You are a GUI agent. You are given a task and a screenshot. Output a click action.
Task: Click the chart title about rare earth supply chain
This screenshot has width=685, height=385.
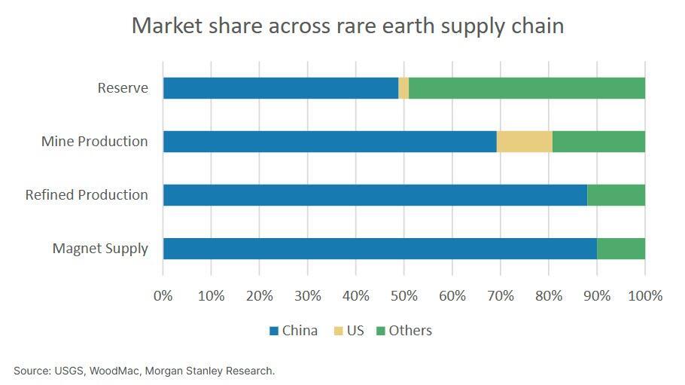pyautogui.click(x=347, y=26)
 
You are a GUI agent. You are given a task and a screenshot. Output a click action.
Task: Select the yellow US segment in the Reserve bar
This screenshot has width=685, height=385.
pyautogui.click(x=404, y=88)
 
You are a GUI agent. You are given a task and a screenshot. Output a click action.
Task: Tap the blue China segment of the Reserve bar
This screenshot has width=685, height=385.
pyautogui.click(x=281, y=88)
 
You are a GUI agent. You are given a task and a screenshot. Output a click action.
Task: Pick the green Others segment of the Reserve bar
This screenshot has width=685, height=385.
pyautogui.click(x=527, y=88)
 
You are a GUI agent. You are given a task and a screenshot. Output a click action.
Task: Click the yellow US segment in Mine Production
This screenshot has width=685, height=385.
pyautogui.click(x=525, y=142)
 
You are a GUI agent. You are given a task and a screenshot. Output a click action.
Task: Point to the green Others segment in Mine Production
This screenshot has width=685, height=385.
pyautogui.click(x=598, y=142)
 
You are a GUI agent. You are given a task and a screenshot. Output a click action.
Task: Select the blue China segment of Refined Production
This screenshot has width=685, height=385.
pyautogui.click(x=375, y=195)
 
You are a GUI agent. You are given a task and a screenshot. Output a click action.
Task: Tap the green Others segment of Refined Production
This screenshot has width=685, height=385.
pyautogui.click(x=616, y=195)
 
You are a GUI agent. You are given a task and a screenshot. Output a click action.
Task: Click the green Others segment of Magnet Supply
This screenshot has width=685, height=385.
pyautogui.click(x=621, y=249)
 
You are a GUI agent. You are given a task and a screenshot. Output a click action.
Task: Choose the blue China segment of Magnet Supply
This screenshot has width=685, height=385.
pyautogui.click(x=380, y=249)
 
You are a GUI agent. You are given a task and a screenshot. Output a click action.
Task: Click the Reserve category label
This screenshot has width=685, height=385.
pyautogui.click(x=123, y=88)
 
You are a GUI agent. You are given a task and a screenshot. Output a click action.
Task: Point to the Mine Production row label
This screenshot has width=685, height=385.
pyautogui.click(x=95, y=142)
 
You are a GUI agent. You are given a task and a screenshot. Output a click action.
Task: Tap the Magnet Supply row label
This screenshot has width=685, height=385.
pyautogui.click(x=100, y=249)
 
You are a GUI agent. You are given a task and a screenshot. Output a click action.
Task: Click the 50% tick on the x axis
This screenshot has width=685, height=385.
pyautogui.click(x=404, y=295)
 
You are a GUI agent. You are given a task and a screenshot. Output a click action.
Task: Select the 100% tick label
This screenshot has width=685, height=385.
pyautogui.click(x=645, y=295)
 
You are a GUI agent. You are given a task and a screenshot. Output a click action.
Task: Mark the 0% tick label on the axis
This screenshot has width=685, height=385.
pyautogui.click(x=163, y=295)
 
